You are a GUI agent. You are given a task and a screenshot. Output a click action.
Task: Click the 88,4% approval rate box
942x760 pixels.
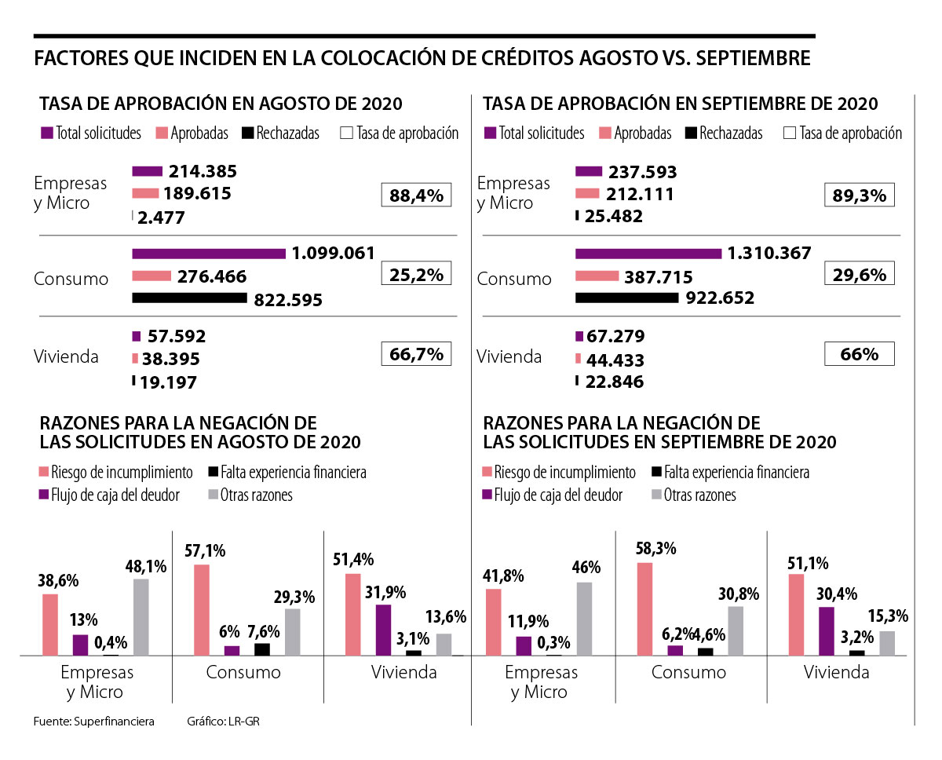[x=416, y=195]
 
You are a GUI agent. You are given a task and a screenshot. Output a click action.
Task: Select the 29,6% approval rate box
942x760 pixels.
[x=860, y=275]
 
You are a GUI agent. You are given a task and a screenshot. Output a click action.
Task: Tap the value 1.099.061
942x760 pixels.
[x=333, y=253]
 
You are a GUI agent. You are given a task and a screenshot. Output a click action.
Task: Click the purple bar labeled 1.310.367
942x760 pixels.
[x=648, y=254]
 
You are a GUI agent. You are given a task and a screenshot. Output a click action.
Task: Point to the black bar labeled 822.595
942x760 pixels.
[x=189, y=298]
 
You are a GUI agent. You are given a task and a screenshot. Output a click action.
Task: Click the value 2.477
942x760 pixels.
[x=161, y=217]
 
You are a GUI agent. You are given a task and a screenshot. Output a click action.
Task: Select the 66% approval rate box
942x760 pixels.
[x=860, y=354]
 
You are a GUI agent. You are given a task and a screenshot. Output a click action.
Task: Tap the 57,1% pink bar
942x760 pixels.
[x=201, y=609]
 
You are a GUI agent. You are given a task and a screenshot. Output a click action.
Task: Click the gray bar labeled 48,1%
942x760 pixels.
[x=141, y=616]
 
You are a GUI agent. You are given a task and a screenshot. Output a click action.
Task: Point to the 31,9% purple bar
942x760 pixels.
[x=383, y=629]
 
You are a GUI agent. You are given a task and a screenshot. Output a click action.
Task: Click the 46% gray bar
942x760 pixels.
[x=584, y=618]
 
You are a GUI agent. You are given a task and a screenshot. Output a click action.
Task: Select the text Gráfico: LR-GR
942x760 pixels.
[x=223, y=721]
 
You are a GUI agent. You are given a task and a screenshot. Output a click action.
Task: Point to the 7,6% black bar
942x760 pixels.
[x=261, y=649]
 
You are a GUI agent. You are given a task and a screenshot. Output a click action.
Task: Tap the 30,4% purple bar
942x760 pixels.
[x=826, y=630]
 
